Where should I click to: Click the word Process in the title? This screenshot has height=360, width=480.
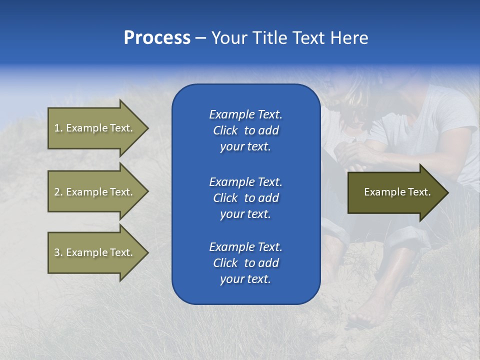point(157,38)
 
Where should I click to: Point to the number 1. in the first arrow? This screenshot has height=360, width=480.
point(58,128)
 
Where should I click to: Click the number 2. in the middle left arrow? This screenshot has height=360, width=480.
point(58,192)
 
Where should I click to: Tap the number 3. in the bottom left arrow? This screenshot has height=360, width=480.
point(58,252)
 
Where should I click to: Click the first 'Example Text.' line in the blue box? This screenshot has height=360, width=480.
point(245,114)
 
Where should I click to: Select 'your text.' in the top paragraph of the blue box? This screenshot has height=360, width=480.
point(245,147)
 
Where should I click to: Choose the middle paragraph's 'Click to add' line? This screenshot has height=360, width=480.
point(245,198)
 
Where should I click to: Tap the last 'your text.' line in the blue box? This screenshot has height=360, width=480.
point(245,279)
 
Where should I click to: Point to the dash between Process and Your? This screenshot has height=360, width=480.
point(200,38)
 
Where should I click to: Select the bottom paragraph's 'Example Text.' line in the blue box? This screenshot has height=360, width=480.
point(245,247)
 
